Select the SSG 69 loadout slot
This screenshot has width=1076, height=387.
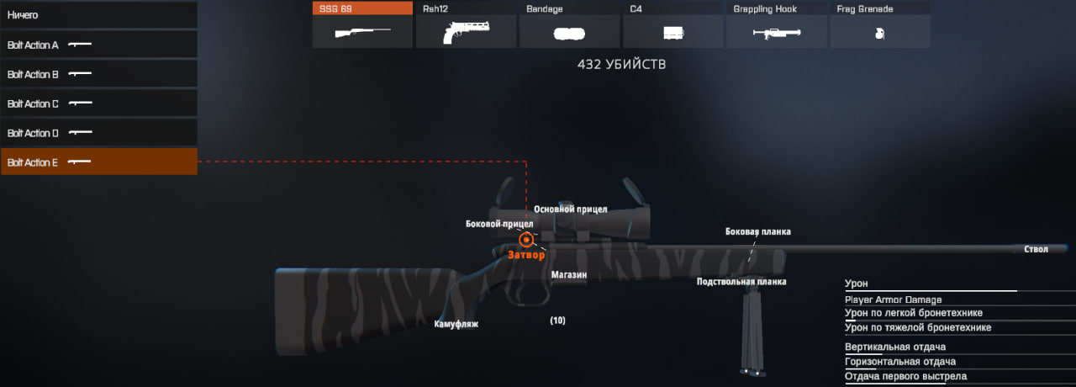point(362,25)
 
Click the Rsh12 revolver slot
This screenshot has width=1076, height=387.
point(467,25)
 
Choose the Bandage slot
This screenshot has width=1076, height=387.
point(570,25)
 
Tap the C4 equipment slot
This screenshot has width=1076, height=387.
point(673,25)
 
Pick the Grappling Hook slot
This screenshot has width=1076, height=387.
point(777,25)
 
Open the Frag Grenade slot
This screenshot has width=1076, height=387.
point(880,25)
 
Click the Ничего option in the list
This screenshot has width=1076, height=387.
point(98,15)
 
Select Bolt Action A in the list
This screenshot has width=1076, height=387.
point(98,45)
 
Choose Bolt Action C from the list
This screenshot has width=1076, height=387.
point(98,103)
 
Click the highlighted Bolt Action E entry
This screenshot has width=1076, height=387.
point(98,162)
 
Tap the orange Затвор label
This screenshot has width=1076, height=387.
point(527,254)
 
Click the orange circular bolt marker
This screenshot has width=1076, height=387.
point(526,240)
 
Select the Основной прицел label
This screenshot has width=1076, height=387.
point(570,209)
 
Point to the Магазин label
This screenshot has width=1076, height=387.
point(569,274)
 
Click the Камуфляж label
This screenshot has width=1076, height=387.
point(456,324)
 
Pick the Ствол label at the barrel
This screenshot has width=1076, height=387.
point(1036,249)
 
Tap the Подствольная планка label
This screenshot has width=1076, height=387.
point(741,282)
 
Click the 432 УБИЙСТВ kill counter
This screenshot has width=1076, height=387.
point(621,64)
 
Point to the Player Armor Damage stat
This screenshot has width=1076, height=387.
point(893,300)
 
